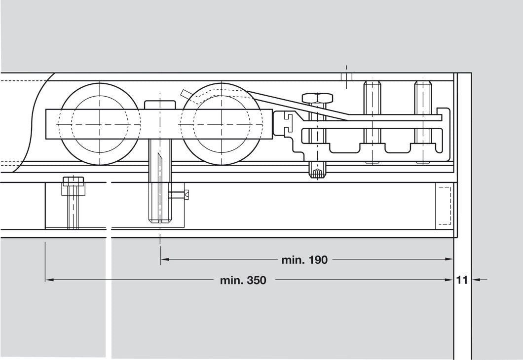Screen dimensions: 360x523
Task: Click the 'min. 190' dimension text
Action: pyautogui.click(x=304, y=260)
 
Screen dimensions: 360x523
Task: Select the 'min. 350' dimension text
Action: pyautogui.click(x=243, y=281)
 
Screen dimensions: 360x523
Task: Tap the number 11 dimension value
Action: pyautogui.click(x=462, y=281)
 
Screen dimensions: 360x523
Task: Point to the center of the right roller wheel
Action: pyautogui.click(x=221, y=124)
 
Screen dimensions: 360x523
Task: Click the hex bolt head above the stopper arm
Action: pyautogui.click(x=317, y=98)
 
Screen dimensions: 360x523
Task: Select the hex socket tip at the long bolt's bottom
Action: pyautogui.click(x=317, y=173)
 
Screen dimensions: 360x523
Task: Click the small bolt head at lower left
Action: pyautogui.click(x=73, y=181)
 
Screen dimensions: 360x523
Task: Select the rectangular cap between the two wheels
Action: pyautogui.click(x=160, y=105)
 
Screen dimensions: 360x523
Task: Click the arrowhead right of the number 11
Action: pyautogui.click(x=475, y=280)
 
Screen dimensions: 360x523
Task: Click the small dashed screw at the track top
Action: pyautogui.click(x=346, y=77)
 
